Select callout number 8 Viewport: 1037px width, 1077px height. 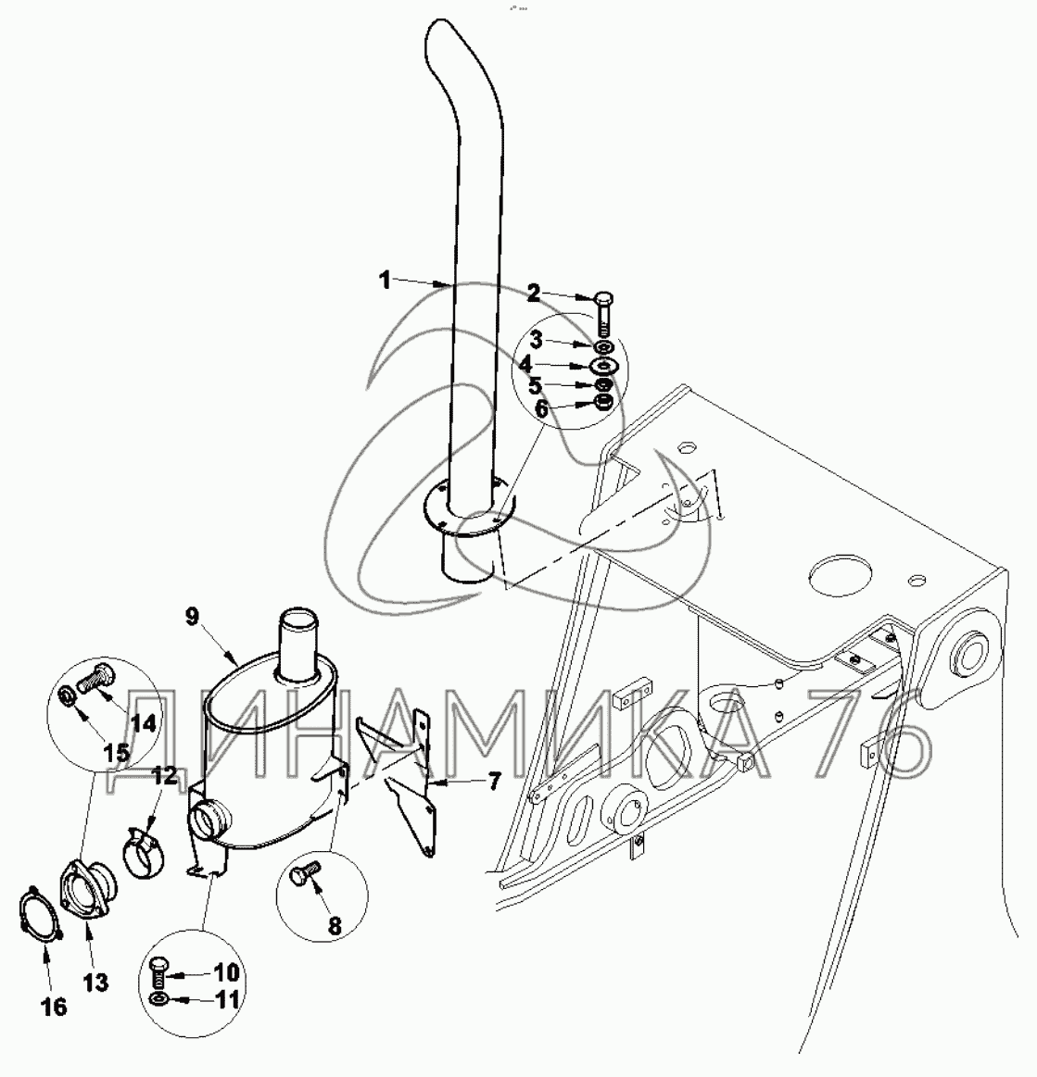click(x=335, y=924)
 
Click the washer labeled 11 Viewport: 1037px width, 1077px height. click(x=158, y=1000)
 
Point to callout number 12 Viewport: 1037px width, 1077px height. click(x=163, y=775)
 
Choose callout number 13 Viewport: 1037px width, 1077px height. click(x=96, y=982)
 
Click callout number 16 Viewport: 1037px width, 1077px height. click(x=55, y=1007)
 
